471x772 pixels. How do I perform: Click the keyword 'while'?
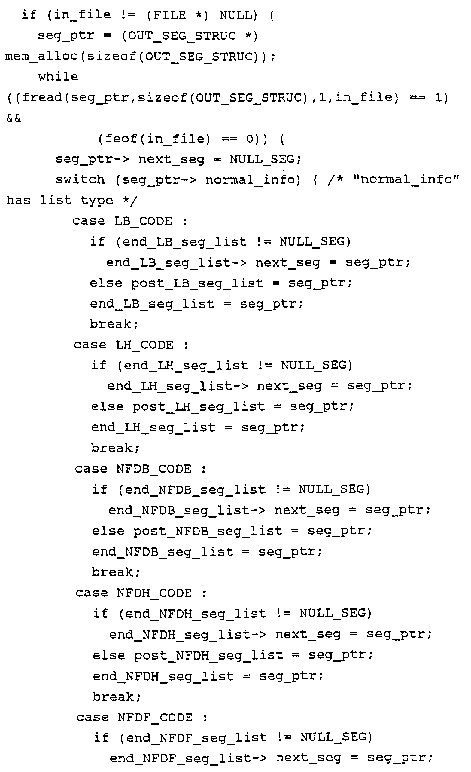click(x=58, y=76)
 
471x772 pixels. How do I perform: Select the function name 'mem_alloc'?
click(x=41, y=57)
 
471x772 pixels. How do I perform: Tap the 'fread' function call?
click(x=42, y=97)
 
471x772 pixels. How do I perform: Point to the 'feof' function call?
click(x=121, y=139)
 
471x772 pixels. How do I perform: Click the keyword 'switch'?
click(x=80, y=179)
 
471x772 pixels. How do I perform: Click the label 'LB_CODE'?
click(x=143, y=221)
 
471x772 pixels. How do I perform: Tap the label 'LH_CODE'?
click(x=144, y=345)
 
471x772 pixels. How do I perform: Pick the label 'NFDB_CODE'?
click(x=153, y=469)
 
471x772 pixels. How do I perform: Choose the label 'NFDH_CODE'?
click(x=154, y=593)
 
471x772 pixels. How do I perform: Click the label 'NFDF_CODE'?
click(x=155, y=718)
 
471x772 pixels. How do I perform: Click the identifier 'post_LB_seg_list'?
click(x=197, y=283)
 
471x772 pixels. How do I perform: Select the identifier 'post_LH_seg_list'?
click(x=199, y=407)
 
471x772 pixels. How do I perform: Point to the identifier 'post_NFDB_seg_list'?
click(x=208, y=531)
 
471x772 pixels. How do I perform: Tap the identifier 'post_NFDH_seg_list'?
click(x=208, y=655)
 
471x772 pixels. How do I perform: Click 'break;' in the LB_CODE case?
click(x=114, y=324)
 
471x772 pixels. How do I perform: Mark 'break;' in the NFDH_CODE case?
click(x=117, y=697)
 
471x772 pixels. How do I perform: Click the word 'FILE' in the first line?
click(x=166, y=15)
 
